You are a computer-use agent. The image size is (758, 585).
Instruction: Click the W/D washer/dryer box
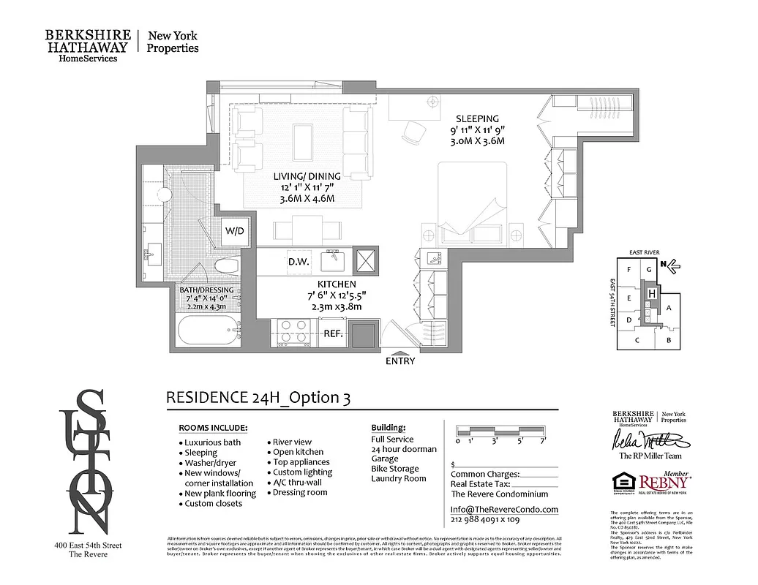[x=235, y=231]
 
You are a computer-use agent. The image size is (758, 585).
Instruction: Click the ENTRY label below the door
[x=399, y=361]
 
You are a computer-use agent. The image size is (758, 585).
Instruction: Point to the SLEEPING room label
[x=477, y=118]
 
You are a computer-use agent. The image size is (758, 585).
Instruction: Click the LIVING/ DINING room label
[x=307, y=176]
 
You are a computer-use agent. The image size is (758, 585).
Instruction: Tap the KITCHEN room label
[x=337, y=284]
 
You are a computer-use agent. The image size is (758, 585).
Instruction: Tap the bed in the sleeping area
[x=481, y=205]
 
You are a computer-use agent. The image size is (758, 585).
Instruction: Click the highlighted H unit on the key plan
[x=650, y=293]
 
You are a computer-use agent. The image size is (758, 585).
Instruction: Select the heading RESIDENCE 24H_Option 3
[x=258, y=398]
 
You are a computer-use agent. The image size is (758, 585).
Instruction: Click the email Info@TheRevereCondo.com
[x=504, y=509]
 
